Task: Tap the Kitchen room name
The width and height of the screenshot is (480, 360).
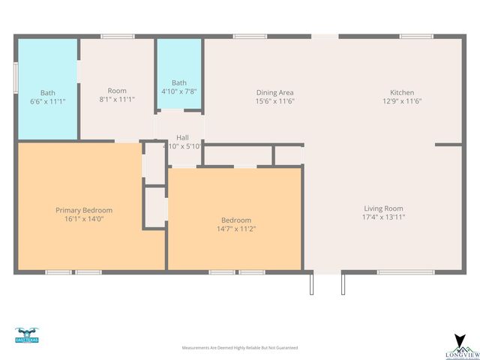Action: (402, 92)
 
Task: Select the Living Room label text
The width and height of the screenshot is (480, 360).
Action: (383, 208)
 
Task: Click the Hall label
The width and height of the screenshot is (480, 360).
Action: (182, 137)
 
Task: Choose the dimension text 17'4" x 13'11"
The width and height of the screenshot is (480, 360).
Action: (383, 217)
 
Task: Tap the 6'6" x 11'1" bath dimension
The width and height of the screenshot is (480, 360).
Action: (48, 100)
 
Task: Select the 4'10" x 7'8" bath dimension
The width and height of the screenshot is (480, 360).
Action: (179, 91)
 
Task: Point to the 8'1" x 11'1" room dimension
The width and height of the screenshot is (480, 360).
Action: (117, 99)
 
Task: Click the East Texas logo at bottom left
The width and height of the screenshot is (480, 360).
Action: (26, 335)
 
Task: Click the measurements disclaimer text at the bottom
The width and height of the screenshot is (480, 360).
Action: (240, 348)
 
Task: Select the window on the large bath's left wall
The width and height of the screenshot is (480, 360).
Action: (16, 77)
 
